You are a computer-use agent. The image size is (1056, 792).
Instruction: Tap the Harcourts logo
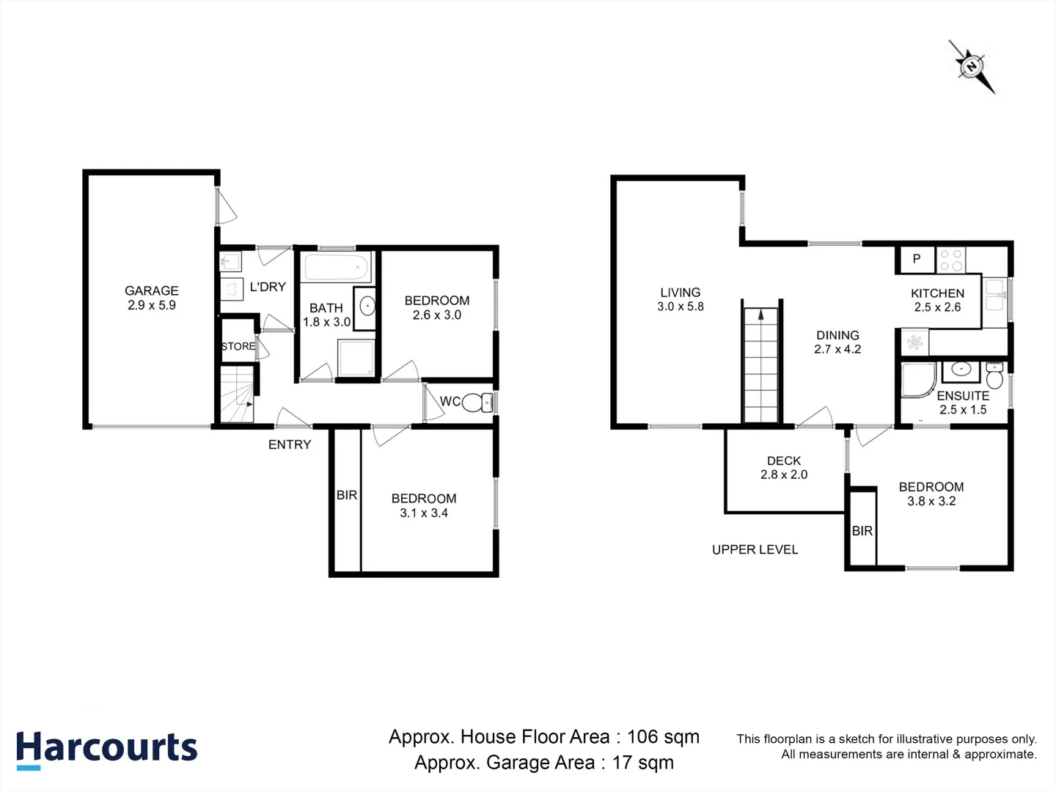pos(107,750)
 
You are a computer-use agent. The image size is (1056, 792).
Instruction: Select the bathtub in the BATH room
pos(336,268)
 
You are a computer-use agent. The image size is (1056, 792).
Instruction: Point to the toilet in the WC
pos(477,403)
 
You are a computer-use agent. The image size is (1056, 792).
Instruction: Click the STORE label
pos(238,346)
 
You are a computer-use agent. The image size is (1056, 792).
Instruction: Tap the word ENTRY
pos(290,444)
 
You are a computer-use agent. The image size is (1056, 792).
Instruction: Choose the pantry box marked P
pos(917,259)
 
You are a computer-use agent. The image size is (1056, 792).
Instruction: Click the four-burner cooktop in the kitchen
pos(951,260)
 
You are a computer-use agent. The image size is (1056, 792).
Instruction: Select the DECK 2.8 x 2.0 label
pos(784,467)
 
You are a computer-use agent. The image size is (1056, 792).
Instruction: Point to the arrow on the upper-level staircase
pos(760,315)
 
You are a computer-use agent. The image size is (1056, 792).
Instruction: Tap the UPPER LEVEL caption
pos(755,549)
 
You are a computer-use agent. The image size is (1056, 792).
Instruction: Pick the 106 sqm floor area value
pos(663,737)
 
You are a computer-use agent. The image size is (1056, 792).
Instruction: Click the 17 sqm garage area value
pos(642,763)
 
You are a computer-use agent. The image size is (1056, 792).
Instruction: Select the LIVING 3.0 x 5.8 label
pos(681,299)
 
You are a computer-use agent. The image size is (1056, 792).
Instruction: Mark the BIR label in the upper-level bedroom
pos(862,531)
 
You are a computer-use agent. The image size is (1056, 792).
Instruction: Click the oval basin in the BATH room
pos(368,306)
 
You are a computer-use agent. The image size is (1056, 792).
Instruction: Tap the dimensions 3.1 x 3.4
pos(424,513)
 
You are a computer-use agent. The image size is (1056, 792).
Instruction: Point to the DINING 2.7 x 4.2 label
pos(837,342)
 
